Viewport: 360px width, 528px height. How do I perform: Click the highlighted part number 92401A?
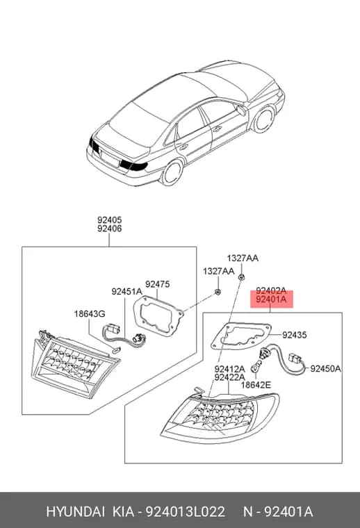coord(271,299)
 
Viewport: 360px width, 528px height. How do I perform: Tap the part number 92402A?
coord(271,290)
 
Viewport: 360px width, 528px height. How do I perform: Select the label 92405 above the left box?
coord(109,220)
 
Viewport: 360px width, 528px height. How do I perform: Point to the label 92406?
coord(109,229)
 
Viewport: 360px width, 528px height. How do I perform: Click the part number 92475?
coord(157,284)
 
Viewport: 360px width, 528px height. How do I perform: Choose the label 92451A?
coord(127,292)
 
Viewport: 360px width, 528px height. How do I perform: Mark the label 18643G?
coord(90,314)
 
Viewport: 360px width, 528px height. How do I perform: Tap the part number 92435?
coord(295,335)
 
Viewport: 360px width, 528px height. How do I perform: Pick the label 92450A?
coord(325,369)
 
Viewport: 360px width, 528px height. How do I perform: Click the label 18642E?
coord(256,385)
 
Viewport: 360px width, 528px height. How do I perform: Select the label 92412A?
coord(229,369)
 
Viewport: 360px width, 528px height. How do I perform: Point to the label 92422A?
coord(229,377)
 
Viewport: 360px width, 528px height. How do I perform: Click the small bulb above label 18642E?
coord(256,366)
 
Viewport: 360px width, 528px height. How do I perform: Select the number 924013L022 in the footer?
coord(185,512)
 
